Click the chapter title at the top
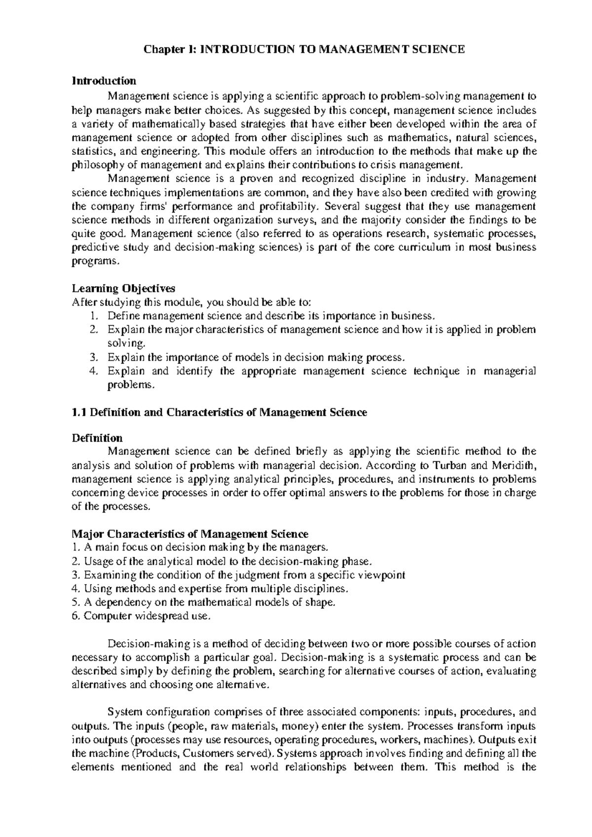pyautogui.click(x=304, y=49)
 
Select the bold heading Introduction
pyautogui.click(x=104, y=80)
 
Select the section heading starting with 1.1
pyautogui.click(x=219, y=413)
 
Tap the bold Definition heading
pyautogui.click(x=97, y=438)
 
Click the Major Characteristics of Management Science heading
pyautogui.click(x=190, y=534)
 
